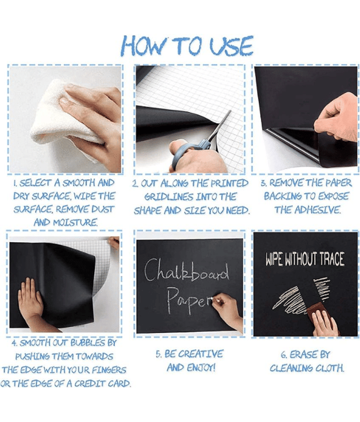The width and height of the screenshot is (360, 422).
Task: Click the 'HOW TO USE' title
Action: coord(187,46)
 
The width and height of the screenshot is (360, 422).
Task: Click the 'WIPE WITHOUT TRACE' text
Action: coord(305,259)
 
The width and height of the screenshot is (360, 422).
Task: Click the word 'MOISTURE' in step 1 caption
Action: coord(75,223)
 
